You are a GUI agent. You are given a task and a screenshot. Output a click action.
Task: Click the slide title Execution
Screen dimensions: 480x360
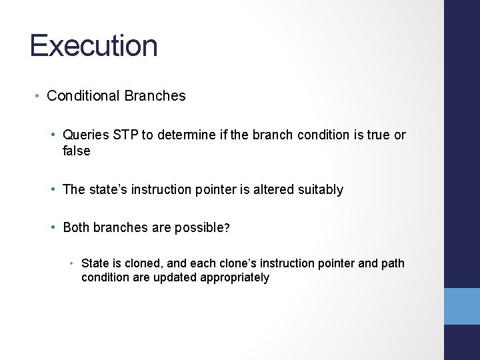pyautogui.click(x=94, y=46)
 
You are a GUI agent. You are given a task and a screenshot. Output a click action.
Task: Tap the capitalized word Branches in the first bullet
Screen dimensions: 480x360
pyautogui.click(x=155, y=96)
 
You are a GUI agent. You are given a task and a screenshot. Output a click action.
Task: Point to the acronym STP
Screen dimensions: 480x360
pyautogui.click(x=126, y=135)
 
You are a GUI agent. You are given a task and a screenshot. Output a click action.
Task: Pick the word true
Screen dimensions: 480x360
pyautogui.click(x=377, y=135)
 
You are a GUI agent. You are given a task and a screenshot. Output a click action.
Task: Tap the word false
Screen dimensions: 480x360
pyautogui.click(x=77, y=151)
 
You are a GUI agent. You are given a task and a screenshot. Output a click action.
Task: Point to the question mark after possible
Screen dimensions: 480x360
pyautogui.click(x=227, y=228)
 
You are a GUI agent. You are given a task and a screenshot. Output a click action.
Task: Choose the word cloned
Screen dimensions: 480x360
pyautogui.click(x=131, y=263)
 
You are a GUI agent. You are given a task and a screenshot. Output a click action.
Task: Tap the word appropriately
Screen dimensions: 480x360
pyautogui.click(x=234, y=277)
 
